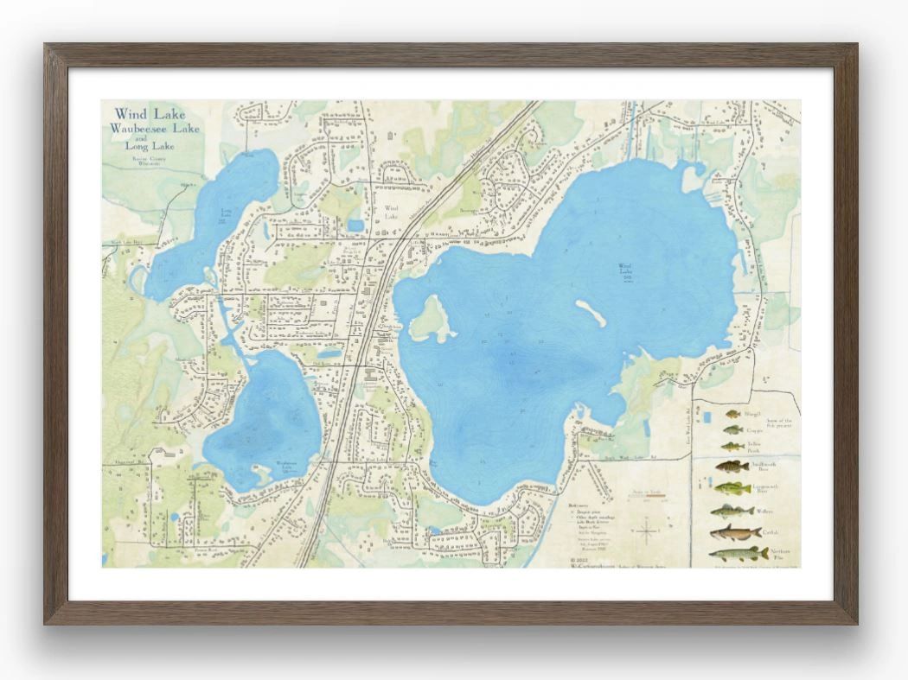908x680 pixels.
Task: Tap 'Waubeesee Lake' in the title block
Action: coord(154,129)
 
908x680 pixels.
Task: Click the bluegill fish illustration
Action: coord(732,414)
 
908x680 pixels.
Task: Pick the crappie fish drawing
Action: coord(732,429)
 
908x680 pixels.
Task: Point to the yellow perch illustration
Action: coord(732,447)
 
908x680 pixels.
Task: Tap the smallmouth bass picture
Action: coord(732,467)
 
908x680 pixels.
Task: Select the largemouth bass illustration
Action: coord(732,489)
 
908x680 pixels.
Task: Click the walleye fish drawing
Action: coord(732,512)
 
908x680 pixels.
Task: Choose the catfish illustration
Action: coord(734,533)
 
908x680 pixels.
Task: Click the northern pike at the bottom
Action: coord(738,554)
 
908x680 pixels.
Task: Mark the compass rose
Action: coord(647,529)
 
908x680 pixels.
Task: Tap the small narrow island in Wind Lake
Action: coord(591,313)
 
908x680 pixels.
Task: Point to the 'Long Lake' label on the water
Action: coord(226,212)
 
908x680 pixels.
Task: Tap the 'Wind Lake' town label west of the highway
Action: coord(392,212)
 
